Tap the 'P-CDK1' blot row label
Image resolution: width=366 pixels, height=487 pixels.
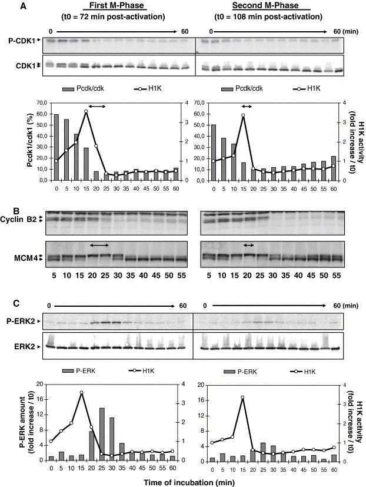tap(22, 41)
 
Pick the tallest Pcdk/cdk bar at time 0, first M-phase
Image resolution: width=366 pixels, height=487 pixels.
tap(56, 147)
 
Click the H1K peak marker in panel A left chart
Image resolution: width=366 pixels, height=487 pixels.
tap(86, 111)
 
